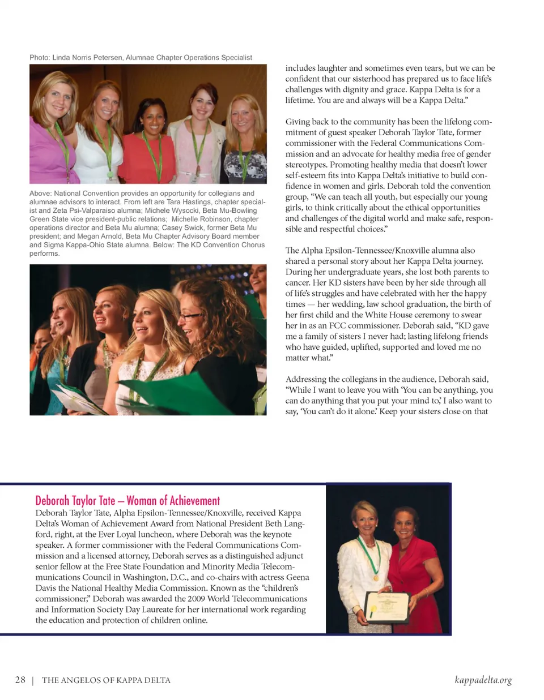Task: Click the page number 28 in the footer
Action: pyautogui.click(x=20, y=680)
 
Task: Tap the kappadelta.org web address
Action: pyautogui.click(x=483, y=680)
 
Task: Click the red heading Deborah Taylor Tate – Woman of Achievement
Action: pyautogui.click(x=127, y=500)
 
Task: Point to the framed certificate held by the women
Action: pyautogui.click(x=387, y=607)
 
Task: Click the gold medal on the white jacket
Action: pyautogui.click(x=375, y=577)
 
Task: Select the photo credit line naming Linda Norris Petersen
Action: pyautogui.click(x=141, y=58)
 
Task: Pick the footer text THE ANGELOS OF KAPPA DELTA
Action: pyautogui.click(x=106, y=680)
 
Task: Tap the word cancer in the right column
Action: pyautogui.click(x=297, y=283)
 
